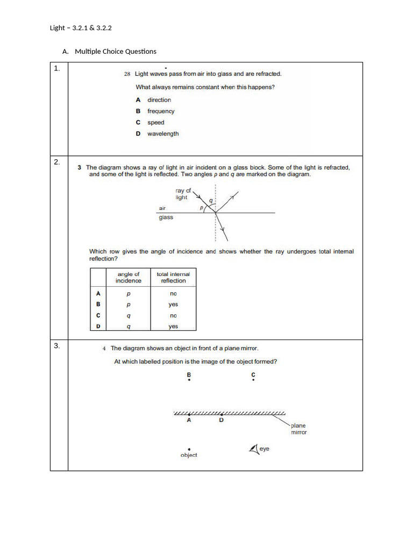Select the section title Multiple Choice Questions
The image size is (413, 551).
(x=116, y=52)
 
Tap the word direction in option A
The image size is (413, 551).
(x=159, y=100)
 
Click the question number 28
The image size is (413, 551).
(x=127, y=74)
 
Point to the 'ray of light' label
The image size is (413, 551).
(x=182, y=194)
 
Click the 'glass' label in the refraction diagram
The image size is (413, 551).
(x=166, y=217)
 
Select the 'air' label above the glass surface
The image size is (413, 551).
(x=162, y=208)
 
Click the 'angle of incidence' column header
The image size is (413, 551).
(x=129, y=278)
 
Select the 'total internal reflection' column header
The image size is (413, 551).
(x=173, y=278)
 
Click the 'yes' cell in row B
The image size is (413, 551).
(x=173, y=305)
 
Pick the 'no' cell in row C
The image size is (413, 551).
(x=173, y=316)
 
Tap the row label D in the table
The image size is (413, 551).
(x=98, y=327)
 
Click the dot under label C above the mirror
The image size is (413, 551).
(x=253, y=380)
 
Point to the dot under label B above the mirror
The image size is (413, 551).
(x=189, y=380)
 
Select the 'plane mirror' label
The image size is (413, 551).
(x=298, y=429)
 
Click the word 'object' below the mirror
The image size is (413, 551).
(x=189, y=455)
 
